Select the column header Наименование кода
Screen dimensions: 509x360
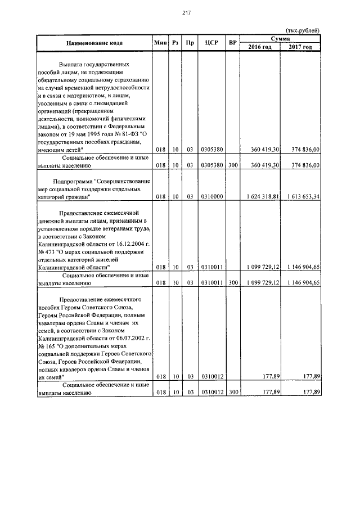tap(94, 43)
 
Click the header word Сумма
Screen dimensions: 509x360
tap(280, 38)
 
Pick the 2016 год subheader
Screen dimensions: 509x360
tap(260, 47)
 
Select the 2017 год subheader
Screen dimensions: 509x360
tap(300, 47)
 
